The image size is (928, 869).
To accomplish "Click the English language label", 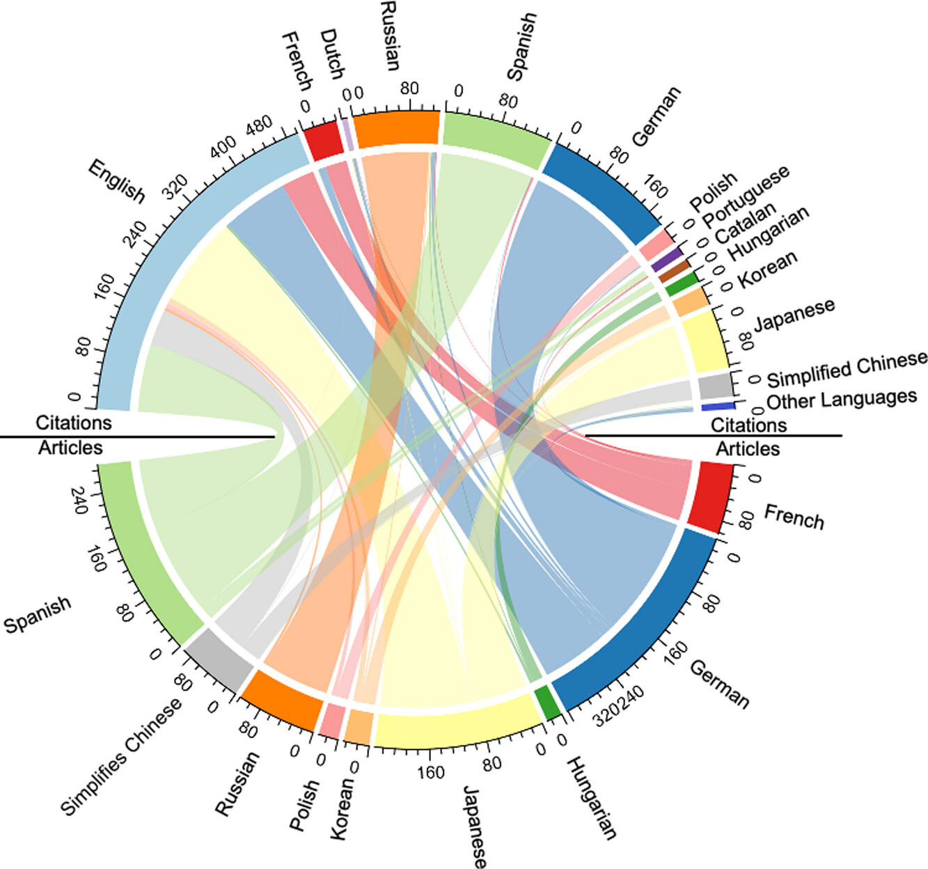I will [x=116, y=181].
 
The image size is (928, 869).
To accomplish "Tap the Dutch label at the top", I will [x=332, y=54].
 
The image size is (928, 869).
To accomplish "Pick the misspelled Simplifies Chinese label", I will [x=122, y=755].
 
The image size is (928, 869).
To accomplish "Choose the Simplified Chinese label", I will [x=847, y=370].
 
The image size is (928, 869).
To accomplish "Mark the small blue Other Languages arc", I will [x=718, y=406].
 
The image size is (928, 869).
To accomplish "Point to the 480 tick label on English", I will [x=259, y=127].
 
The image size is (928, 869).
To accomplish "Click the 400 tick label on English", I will [x=224, y=148].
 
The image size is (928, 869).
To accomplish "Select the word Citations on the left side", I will [x=73, y=423].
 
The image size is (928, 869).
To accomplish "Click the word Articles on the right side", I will [x=748, y=449].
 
